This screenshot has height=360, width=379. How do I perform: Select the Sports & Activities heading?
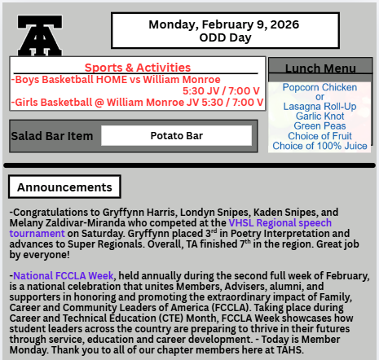[138, 67]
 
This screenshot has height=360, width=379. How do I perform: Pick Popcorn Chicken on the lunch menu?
[319, 87]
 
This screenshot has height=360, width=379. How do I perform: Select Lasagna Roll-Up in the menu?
[319, 106]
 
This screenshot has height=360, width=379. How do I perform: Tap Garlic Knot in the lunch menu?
[319, 116]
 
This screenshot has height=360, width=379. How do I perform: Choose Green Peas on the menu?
[319, 125]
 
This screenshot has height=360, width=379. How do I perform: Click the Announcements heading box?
[53, 187]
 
